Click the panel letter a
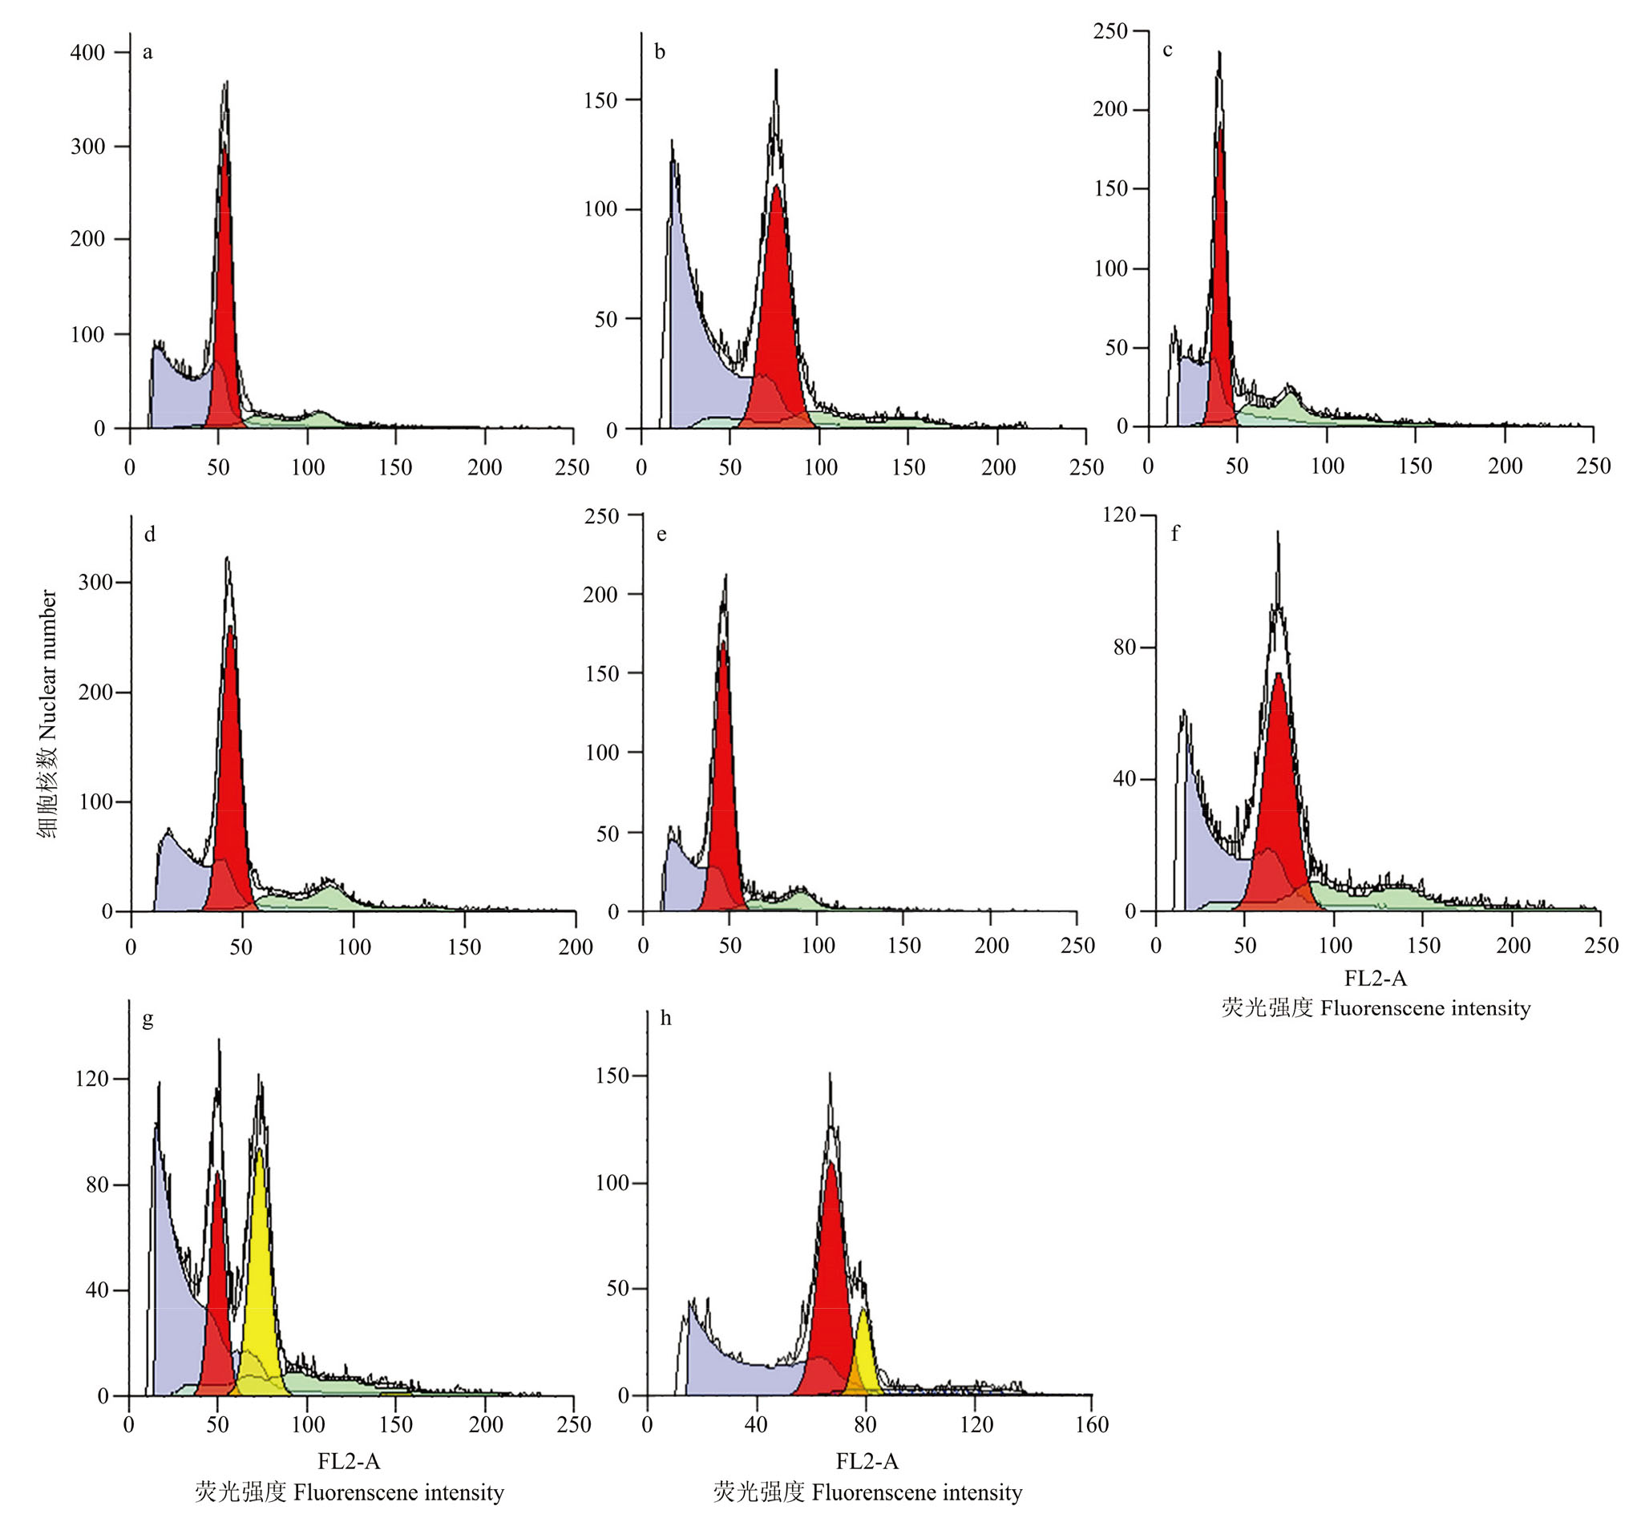[148, 53]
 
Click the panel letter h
[665, 1019]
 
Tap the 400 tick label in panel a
[87, 53]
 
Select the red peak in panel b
[776, 313]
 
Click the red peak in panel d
[228, 784]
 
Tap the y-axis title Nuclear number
[48, 714]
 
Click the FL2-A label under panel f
[1375, 979]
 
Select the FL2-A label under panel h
[867, 1462]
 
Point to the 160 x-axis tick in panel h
[1091, 1424]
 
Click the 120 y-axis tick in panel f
[1119, 515]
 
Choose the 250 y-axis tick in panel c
[1109, 31]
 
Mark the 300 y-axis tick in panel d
[95, 583]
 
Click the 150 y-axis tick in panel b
[600, 101]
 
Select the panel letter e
[661, 535]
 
